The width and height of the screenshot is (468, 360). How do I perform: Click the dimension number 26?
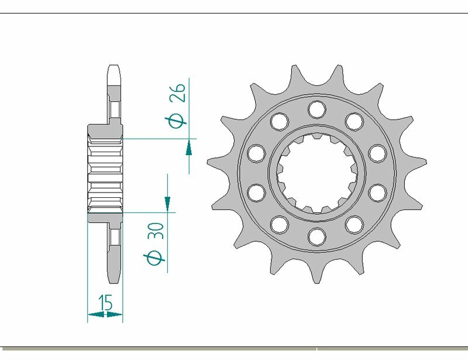pyautogui.click(x=179, y=92)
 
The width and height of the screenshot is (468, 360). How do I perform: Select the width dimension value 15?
pyautogui.click(x=106, y=303)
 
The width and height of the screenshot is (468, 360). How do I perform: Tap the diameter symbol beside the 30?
pyautogui.click(x=155, y=258)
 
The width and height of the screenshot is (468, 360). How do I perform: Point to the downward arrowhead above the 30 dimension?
pyautogui.click(x=167, y=203)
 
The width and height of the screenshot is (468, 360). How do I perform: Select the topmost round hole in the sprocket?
pyautogui.click(x=316, y=108)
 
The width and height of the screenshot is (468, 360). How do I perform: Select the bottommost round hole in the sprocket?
pyautogui.click(x=316, y=236)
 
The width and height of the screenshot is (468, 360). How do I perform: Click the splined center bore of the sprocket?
pyautogui.click(x=316, y=173)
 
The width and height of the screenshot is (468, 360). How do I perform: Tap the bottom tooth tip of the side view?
pyautogui.click(x=114, y=280)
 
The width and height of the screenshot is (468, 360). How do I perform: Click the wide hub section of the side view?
pyautogui.click(x=105, y=173)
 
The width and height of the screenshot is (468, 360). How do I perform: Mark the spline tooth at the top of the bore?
pyautogui.click(x=316, y=138)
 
